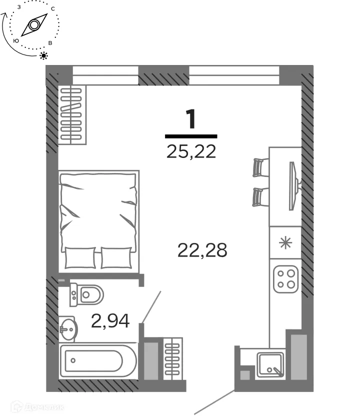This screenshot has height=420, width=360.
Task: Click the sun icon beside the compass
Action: point(44,55)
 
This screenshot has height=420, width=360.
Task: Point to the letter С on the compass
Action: point(53,9)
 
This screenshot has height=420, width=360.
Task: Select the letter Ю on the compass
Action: point(16,40)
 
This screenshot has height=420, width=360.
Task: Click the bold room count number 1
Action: point(191,119)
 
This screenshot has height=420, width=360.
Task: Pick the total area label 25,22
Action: point(191,150)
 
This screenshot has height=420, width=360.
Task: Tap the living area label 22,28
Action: point(202,249)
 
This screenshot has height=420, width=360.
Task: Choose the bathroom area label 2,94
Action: point(110,320)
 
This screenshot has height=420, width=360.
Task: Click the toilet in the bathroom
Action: point(87,294)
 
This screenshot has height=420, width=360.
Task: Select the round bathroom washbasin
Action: point(68,328)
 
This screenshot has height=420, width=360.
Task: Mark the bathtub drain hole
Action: point(73,360)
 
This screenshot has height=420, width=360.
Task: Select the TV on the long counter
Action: point(293,185)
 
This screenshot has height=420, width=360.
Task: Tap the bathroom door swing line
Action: point(151,305)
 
